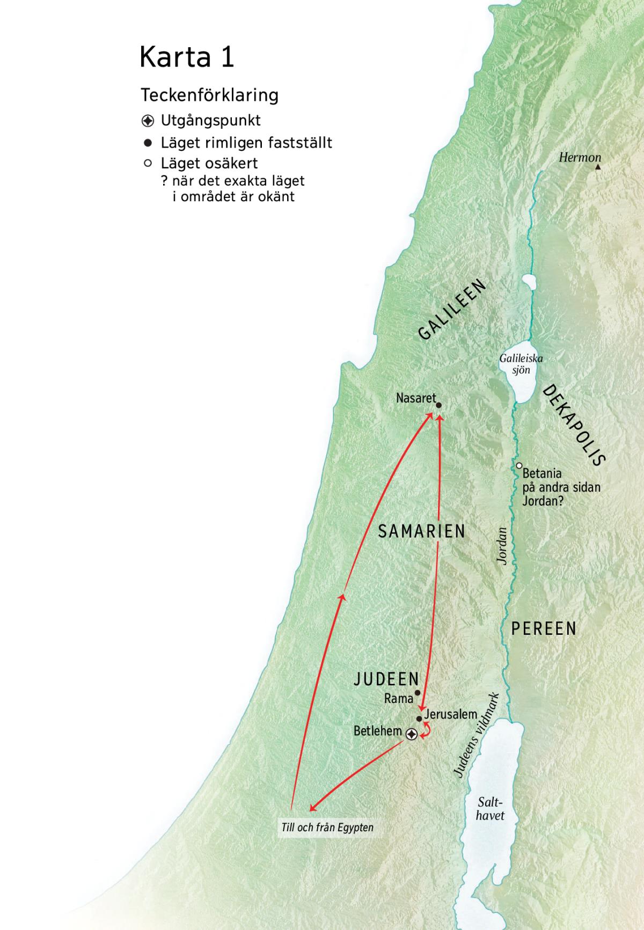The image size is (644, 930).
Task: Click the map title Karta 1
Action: pyautogui.click(x=187, y=56)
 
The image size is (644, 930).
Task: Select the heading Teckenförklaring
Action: pyautogui.click(x=209, y=95)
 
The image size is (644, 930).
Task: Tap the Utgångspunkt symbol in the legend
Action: pyautogui.click(x=148, y=121)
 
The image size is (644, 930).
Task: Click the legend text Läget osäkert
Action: pyautogui.click(x=209, y=163)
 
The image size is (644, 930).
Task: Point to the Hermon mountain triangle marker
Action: pyautogui.click(x=598, y=167)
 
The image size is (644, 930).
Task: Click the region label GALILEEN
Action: pyautogui.click(x=452, y=310)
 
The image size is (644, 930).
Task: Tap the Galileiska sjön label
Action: pyautogui.click(x=521, y=364)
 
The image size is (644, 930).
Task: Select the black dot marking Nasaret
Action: pyautogui.click(x=438, y=406)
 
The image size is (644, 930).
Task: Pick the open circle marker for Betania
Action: pyautogui.click(x=519, y=466)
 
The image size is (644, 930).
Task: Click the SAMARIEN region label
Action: pyautogui.click(x=422, y=531)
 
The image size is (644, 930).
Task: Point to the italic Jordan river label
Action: pyautogui.click(x=502, y=546)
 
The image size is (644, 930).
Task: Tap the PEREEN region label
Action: pyautogui.click(x=544, y=628)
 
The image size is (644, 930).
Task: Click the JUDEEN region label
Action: pyautogui.click(x=386, y=679)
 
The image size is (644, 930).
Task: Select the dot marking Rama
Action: pyautogui.click(x=418, y=693)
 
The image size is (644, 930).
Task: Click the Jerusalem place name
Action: pyautogui.click(x=451, y=714)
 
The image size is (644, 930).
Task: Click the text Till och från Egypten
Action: pyautogui.click(x=327, y=828)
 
